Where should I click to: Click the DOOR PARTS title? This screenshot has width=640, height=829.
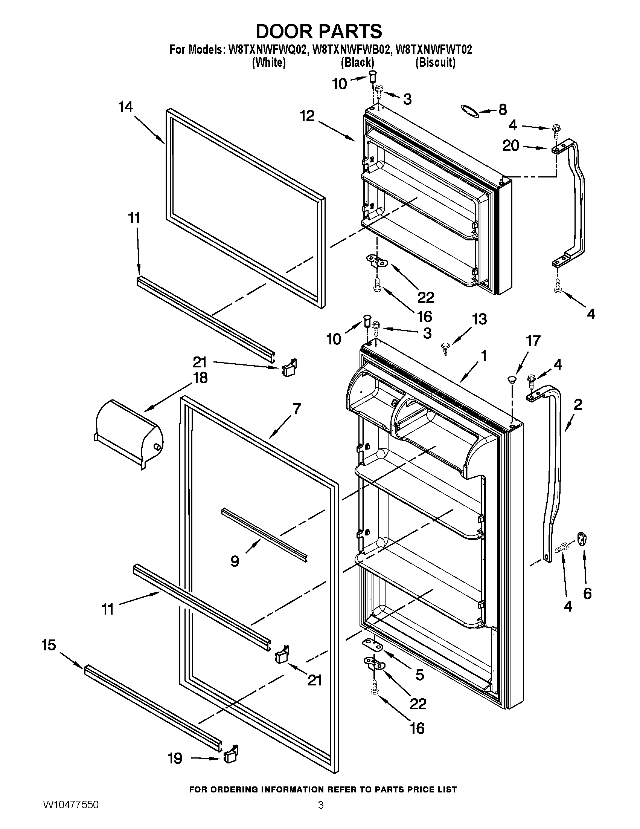(319, 32)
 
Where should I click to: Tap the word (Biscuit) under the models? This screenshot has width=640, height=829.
(435, 62)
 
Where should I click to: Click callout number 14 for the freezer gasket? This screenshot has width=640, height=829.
(126, 107)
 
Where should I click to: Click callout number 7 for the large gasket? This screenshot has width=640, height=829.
(297, 409)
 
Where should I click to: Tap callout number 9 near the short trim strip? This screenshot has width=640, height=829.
(235, 561)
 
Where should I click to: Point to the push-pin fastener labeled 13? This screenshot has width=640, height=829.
(445, 346)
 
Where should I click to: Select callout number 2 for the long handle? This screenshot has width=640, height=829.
(578, 405)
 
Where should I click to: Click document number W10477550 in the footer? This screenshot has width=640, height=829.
(71, 814)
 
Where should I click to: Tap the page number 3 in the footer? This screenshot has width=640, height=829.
(321, 814)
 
